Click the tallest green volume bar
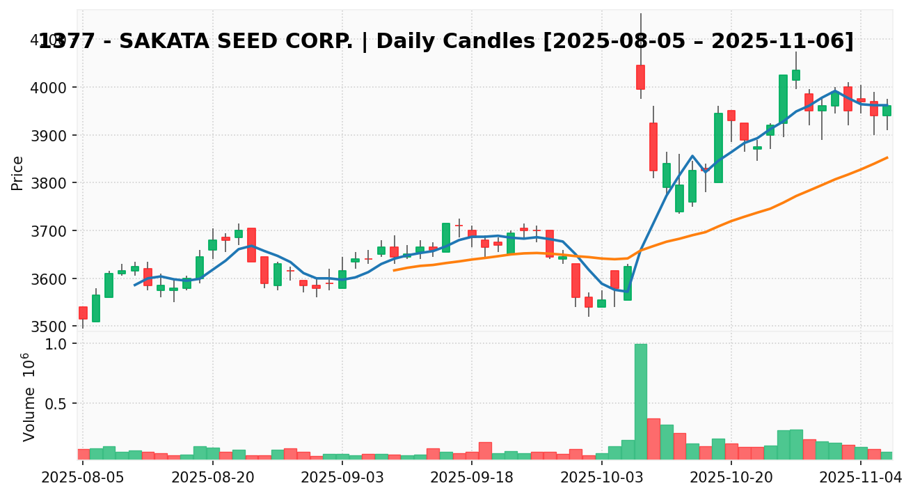(640, 401)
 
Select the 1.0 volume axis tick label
(57, 344)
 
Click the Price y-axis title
(18, 173)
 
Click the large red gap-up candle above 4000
(640, 77)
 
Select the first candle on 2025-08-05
(83, 313)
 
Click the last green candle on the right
(887, 110)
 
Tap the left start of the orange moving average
(394, 270)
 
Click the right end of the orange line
(887, 157)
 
